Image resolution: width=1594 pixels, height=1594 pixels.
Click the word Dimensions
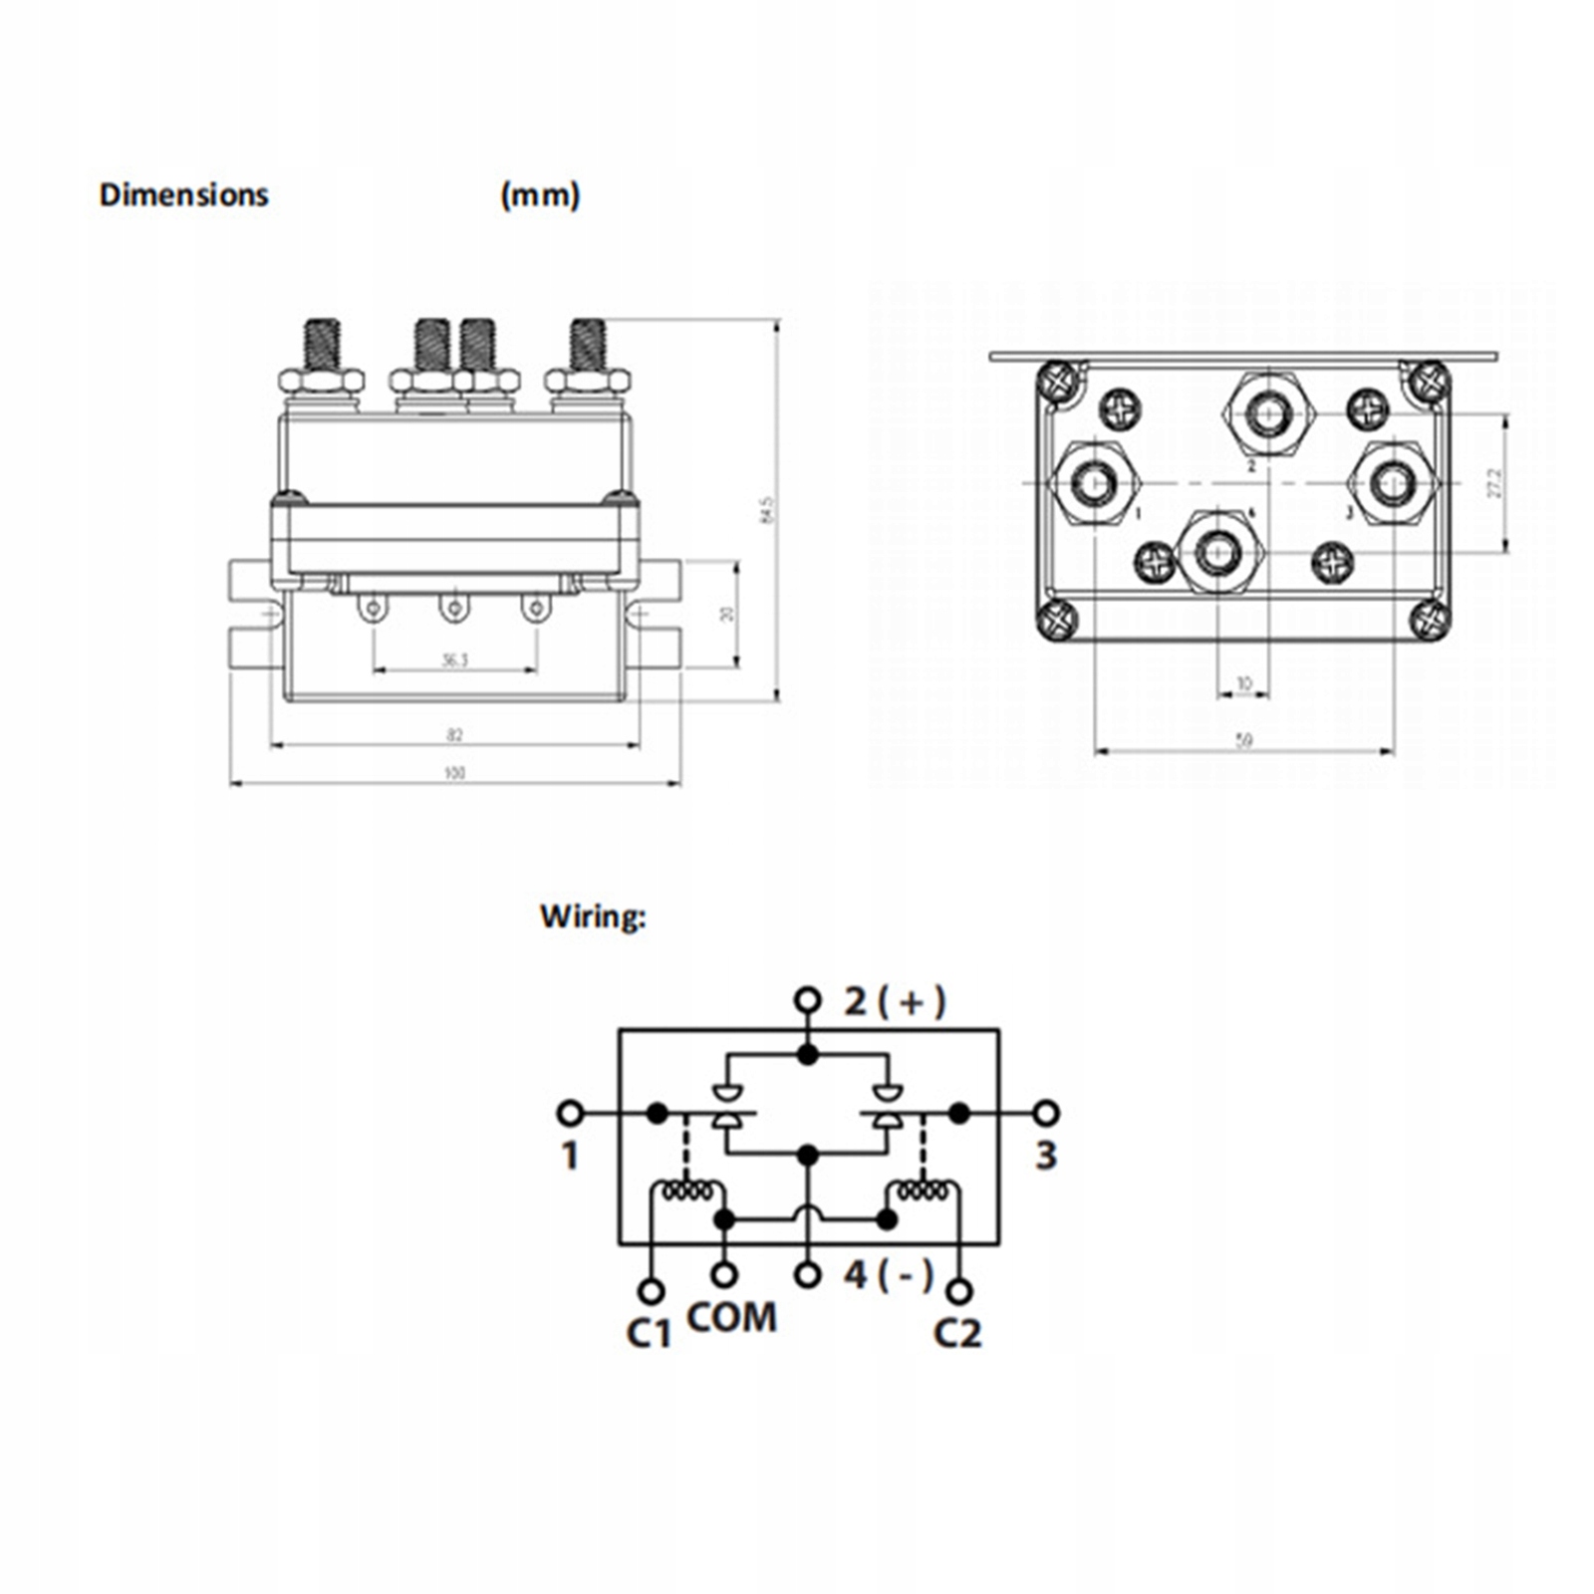coord(183,194)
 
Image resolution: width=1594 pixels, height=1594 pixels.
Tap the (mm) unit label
coord(539,194)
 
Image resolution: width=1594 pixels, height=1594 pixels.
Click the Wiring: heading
coord(593,917)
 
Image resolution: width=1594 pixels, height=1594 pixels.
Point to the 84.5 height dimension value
coord(766,509)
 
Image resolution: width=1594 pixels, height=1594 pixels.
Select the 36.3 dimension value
coord(454,661)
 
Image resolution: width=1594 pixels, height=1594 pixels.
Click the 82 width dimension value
coord(454,735)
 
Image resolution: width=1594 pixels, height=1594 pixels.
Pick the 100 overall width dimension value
coord(454,773)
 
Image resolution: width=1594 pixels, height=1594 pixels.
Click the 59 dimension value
coord(1243,741)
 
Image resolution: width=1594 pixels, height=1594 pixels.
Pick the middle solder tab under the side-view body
coord(454,607)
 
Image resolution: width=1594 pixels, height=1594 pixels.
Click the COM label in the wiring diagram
coord(731,1318)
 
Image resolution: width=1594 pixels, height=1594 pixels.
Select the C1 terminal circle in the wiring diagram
coord(651,1291)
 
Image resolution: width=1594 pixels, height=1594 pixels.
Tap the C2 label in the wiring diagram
coord(957,1333)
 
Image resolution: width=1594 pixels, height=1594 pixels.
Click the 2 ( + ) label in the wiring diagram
coord(895,1001)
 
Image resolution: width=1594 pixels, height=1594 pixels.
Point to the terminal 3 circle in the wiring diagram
coord(1046,1113)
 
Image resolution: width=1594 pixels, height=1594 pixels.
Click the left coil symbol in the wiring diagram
coord(687,1191)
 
